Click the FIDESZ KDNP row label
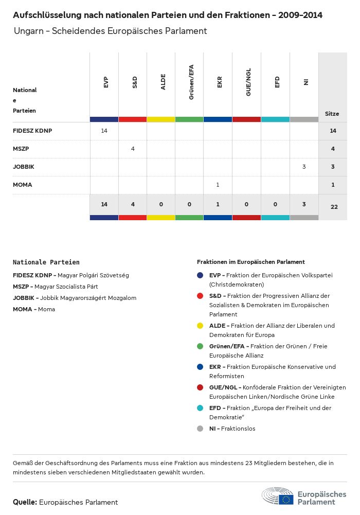[x=32, y=131]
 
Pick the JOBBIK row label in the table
[x=24, y=167]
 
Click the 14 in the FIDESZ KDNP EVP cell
[x=104, y=131]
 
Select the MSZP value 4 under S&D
[x=133, y=149]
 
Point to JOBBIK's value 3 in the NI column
[x=304, y=167]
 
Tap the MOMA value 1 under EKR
[x=218, y=185]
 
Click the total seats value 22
[x=334, y=207]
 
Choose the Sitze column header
[x=332, y=114]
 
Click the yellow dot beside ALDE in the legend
[x=201, y=326]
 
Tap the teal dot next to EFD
[x=201, y=408]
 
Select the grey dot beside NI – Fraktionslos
[x=201, y=429]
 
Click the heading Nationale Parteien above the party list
[x=46, y=262]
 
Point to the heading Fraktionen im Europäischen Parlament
[x=251, y=262]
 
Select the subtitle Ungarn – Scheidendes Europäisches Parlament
[x=110, y=31]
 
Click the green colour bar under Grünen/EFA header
[x=189, y=119]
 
